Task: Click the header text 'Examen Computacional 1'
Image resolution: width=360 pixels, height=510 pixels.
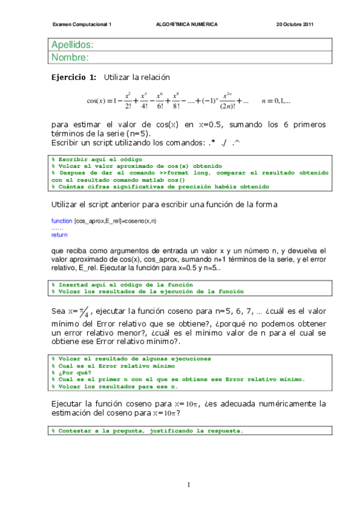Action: coord(82,25)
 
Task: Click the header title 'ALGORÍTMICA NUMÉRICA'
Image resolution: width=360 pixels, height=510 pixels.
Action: coord(186,25)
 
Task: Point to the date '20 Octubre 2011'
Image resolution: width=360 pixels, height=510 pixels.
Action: coord(295,25)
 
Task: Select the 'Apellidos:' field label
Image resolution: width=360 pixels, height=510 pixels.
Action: coord(73,45)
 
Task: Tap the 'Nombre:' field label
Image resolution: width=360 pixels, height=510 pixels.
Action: coord(70,58)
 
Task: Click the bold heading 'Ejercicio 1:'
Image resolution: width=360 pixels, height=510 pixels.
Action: coord(73,78)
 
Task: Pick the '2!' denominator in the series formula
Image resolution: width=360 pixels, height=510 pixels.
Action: coord(129,107)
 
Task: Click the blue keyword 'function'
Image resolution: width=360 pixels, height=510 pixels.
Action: coord(61,221)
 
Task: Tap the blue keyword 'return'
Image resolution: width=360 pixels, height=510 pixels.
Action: coord(59,235)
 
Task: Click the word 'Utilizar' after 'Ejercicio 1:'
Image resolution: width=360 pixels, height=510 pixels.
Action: coord(118,78)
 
